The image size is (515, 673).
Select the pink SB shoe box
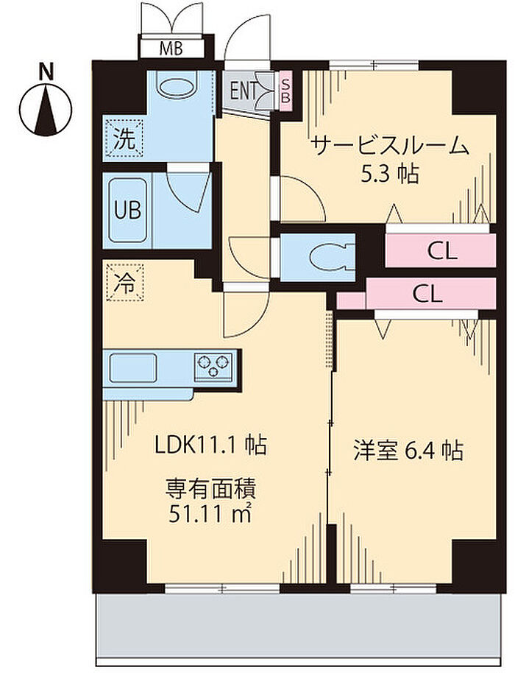coord(286,91)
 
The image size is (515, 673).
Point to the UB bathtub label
coord(126,209)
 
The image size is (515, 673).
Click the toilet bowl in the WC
coord(324,257)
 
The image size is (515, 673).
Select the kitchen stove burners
coord(216,364)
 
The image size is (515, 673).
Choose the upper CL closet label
coord(442,253)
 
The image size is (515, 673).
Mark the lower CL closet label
coord(427,295)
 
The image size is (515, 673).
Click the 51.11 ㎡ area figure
coord(209,513)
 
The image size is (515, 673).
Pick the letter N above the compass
coord(46,72)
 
